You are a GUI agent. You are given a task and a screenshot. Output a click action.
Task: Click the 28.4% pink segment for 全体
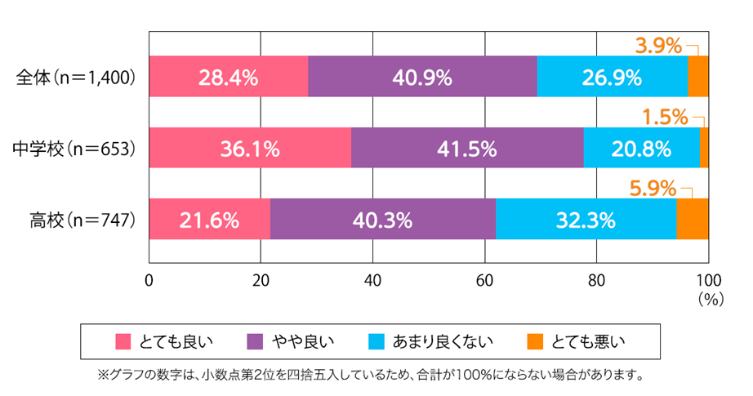click(x=229, y=78)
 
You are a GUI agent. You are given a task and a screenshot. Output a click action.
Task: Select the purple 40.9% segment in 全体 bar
click(x=422, y=78)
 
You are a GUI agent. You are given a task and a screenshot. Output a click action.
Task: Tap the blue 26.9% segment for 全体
click(x=612, y=78)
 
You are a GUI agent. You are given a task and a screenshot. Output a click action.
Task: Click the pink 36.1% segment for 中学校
click(x=250, y=149)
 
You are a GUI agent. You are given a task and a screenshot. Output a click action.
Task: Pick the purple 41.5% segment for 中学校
click(x=467, y=149)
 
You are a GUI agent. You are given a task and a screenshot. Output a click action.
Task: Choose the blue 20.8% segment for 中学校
click(x=641, y=149)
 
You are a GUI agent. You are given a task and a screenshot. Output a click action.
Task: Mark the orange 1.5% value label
click(x=665, y=118)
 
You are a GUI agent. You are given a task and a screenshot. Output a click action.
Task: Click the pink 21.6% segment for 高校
click(x=210, y=220)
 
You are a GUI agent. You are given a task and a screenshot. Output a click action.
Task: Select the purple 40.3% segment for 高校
click(x=383, y=220)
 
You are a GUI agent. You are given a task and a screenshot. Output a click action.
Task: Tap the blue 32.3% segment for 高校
click(x=586, y=220)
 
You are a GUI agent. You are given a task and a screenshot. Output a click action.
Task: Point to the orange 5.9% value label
click(x=653, y=189)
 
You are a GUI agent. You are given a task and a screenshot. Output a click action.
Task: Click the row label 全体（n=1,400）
click(x=76, y=78)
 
